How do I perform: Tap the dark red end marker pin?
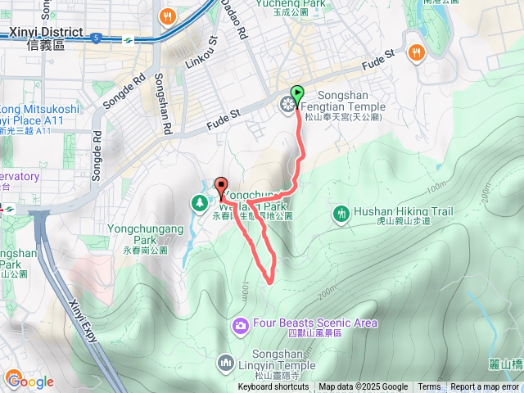coord(220,184)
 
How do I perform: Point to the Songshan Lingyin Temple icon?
coord(227,361)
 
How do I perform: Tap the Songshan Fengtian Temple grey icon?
coord(287,103)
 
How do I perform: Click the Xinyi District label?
coord(45,33)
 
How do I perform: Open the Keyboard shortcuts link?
coord(273,387)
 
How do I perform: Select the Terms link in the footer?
coord(429,387)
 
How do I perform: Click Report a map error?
coord(484,387)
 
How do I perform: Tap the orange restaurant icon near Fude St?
coord(418,53)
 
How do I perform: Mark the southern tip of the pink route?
coord(270,281)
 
